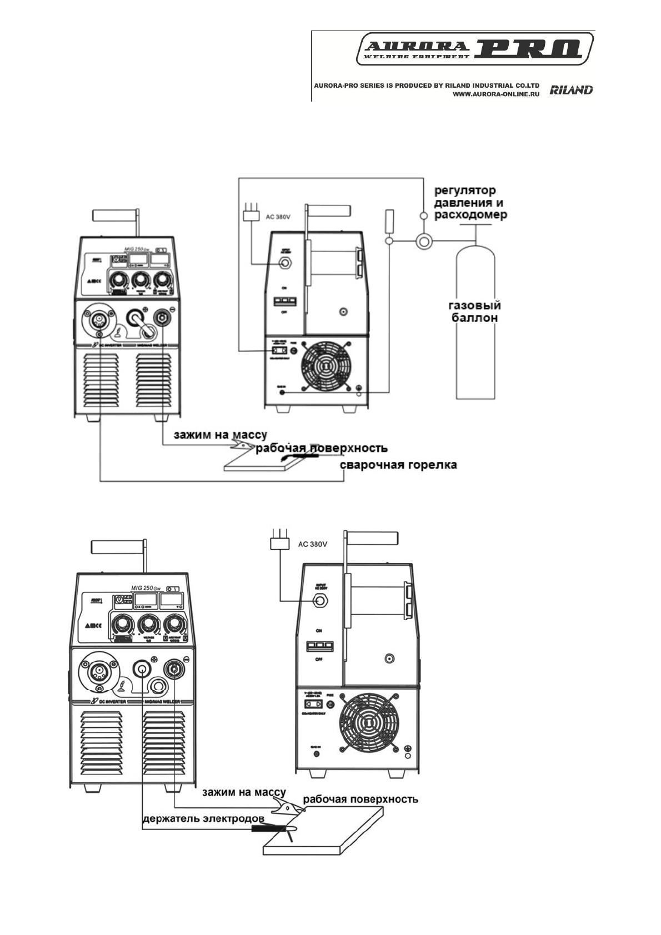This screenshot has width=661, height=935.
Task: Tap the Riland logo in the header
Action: tap(571, 90)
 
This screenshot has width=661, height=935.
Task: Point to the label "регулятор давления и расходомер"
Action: tap(470, 203)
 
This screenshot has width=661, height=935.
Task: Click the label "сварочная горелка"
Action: tap(398, 465)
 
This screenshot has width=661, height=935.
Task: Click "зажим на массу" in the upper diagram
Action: tap(221, 435)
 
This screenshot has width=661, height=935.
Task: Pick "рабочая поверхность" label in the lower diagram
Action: tap(360, 800)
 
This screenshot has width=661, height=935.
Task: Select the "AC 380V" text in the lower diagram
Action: tap(313, 544)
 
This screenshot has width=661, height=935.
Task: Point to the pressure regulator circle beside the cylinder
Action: tap(424, 240)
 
